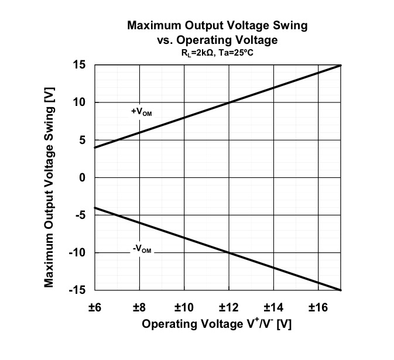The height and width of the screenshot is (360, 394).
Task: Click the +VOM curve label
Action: [x=141, y=111]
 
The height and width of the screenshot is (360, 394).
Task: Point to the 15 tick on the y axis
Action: [x=79, y=65]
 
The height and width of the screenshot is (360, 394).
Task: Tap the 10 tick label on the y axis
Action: [x=79, y=102]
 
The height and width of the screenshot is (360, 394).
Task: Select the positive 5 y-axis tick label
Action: [x=82, y=140]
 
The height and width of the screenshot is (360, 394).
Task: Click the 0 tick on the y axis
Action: [x=82, y=177]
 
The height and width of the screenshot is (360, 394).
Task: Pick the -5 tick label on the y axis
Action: [x=80, y=215]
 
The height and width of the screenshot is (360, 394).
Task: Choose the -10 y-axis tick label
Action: [x=77, y=252]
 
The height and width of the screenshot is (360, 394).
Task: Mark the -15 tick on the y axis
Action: [x=77, y=290]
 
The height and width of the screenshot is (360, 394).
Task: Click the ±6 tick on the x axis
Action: [x=95, y=306]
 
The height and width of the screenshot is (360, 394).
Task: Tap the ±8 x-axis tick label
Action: [x=139, y=306]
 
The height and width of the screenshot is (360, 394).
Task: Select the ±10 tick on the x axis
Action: [x=184, y=306]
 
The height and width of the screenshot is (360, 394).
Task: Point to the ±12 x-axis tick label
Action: [x=228, y=306]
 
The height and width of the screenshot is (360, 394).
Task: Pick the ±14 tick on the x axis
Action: [x=273, y=306]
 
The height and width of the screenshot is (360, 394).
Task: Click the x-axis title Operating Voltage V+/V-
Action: [x=217, y=324]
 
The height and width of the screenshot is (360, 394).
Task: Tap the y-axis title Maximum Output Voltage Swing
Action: [x=50, y=177]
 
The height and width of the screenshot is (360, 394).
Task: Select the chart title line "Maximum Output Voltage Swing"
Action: [x=217, y=26]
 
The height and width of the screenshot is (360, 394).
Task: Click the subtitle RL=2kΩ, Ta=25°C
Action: [x=217, y=53]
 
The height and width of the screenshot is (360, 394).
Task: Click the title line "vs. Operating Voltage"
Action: [x=217, y=40]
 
